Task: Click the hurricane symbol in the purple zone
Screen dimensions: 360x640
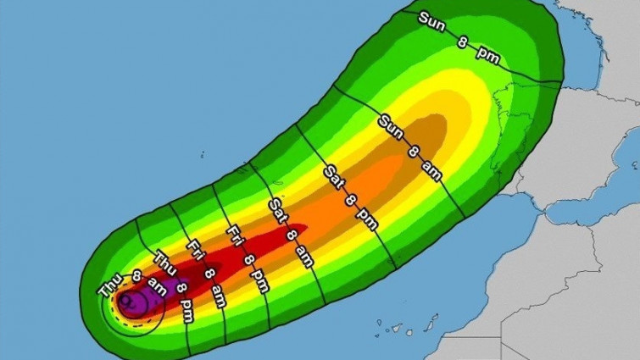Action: coord(129,299)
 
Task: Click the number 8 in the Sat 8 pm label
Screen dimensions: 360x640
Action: coord(349,200)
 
